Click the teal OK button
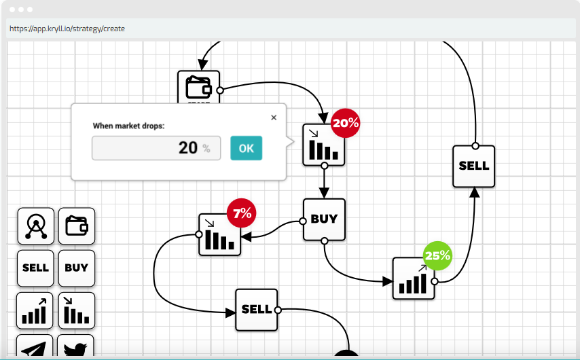tap(246, 148)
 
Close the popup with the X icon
tap(274, 118)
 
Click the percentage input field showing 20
tap(156, 148)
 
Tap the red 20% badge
tap(345, 123)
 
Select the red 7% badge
tap(242, 213)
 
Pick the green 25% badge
tap(437, 255)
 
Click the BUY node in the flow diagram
tap(324, 219)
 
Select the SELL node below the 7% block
tap(256, 310)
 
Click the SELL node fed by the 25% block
tap(474, 166)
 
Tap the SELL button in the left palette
tap(35, 268)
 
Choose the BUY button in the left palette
tap(77, 268)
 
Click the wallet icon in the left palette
tap(77, 226)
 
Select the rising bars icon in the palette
tap(35, 310)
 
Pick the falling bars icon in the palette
tap(77, 310)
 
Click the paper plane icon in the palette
tap(35, 346)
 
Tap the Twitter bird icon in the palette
tap(75, 346)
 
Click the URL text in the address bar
tap(67, 29)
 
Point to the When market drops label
tap(129, 126)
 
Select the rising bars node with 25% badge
tap(414, 278)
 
